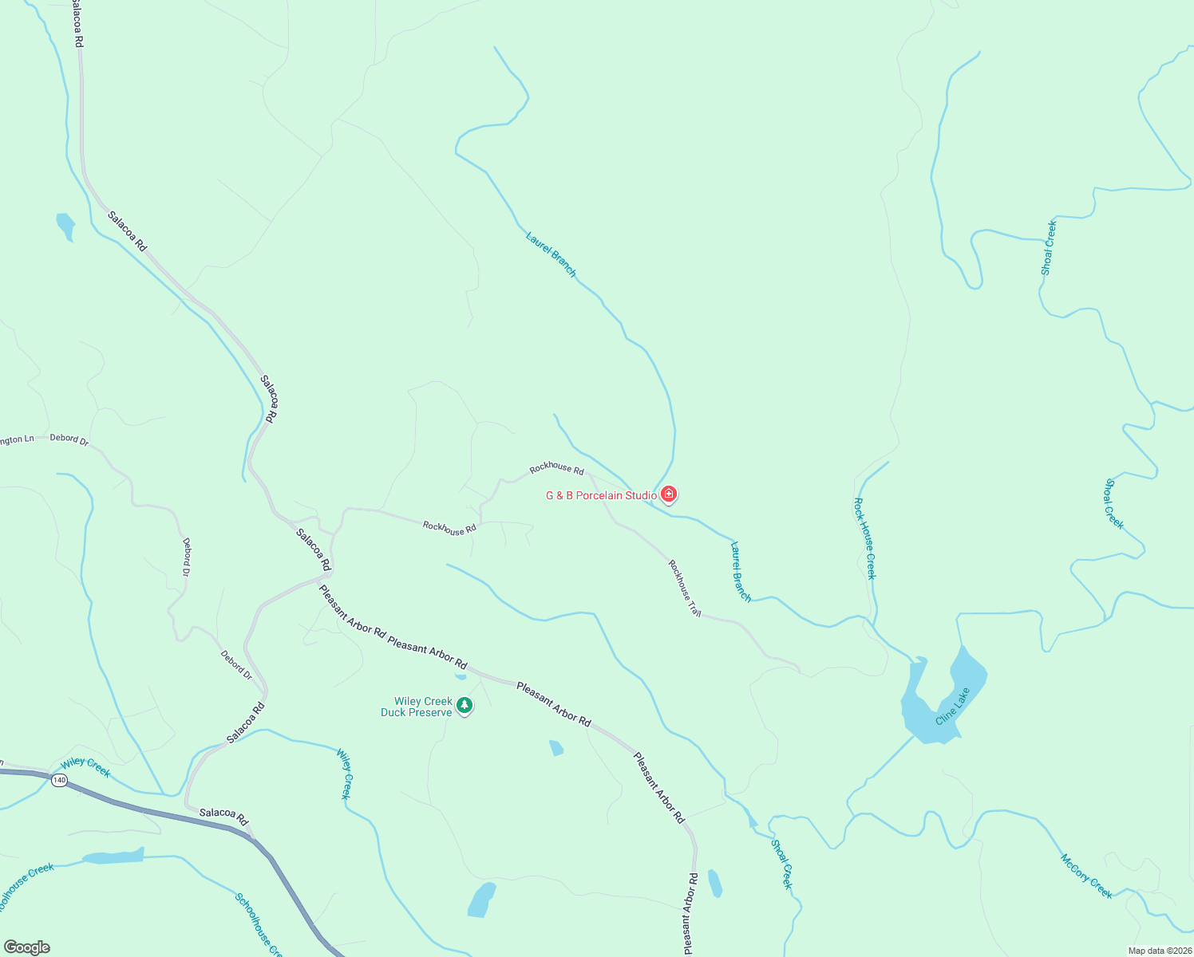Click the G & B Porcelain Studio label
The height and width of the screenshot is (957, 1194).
tap(601, 495)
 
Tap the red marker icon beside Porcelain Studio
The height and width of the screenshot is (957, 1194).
tap(669, 495)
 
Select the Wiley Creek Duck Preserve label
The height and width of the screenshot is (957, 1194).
tap(417, 707)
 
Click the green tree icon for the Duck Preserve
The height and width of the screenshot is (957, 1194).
tap(465, 706)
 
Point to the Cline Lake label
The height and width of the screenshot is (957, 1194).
tap(953, 706)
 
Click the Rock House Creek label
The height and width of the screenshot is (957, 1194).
tap(864, 538)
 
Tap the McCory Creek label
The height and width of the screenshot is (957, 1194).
tap(1086, 876)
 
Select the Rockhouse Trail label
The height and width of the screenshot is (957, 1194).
tap(685, 589)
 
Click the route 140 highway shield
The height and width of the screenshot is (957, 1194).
tap(59, 780)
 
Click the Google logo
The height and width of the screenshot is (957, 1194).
tap(27, 947)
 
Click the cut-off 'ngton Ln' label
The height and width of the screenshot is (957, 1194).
tap(17, 439)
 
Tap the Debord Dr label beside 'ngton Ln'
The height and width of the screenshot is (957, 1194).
tap(69, 439)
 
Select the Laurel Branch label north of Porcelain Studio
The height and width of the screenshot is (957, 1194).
tap(551, 254)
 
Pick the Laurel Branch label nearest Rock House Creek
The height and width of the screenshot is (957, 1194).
tap(741, 572)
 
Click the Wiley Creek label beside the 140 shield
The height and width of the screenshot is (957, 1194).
tap(85, 767)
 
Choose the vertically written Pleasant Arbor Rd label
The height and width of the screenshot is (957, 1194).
tap(690, 913)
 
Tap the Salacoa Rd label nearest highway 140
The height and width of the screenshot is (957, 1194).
tap(224, 817)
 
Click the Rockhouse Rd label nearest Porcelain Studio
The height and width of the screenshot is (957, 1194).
tap(556, 468)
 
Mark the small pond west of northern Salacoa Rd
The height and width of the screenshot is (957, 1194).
tap(65, 225)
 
